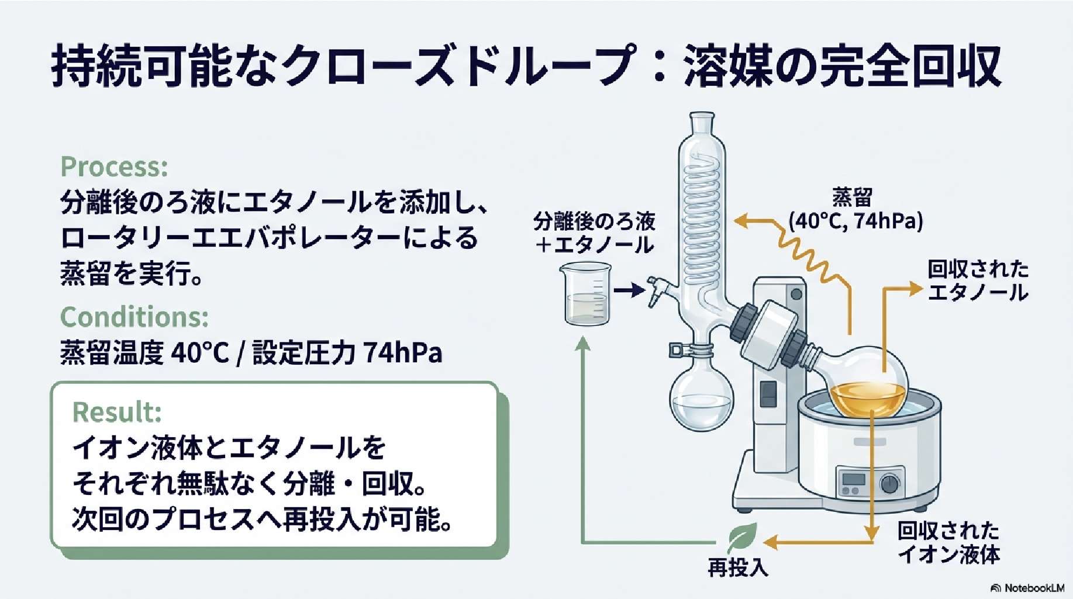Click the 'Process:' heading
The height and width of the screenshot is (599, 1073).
pos(114,167)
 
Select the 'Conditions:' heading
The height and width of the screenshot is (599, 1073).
pos(134,317)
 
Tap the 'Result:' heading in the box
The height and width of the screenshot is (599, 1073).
pos(116,412)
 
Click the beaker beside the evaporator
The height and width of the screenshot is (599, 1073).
pos(586,293)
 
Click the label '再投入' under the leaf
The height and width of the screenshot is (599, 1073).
pos(737,567)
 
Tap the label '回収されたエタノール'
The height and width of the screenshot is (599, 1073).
pos(978,281)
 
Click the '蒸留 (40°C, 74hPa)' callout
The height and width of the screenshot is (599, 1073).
pos(855,210)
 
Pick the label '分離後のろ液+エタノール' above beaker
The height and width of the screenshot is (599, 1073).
pos(595,233)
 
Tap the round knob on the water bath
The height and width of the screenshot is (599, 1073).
pos(889,484)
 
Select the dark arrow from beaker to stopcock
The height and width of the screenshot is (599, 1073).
pos(629,290)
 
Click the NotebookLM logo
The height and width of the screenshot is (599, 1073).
pos(1027,588)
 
